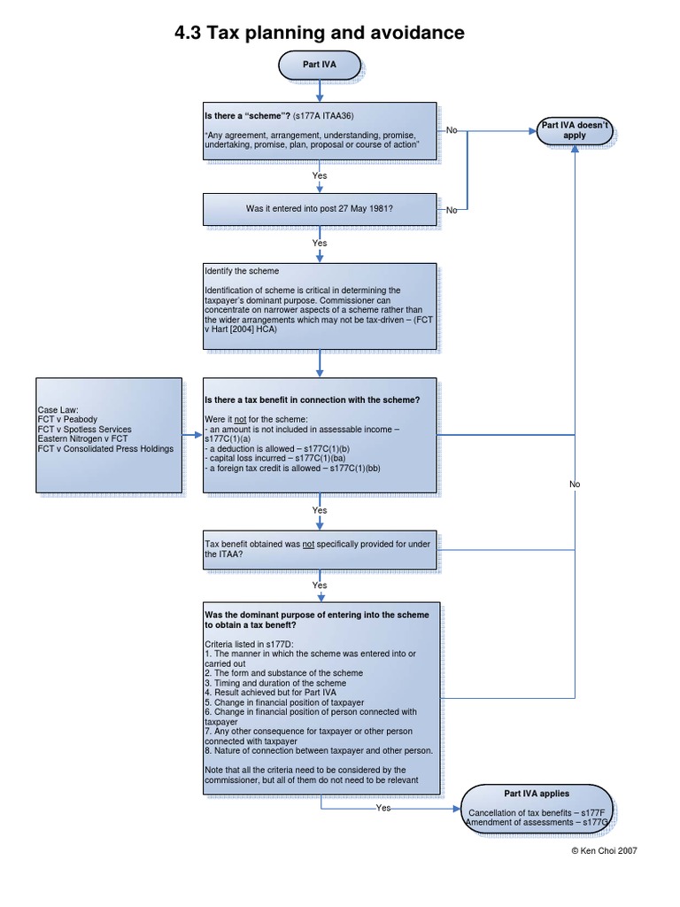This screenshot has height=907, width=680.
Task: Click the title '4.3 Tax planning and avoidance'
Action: tap(320, 34)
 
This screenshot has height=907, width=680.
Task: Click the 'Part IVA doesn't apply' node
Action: tap(575, 131)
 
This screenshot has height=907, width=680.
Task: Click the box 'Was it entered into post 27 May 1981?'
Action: tap(320, 209)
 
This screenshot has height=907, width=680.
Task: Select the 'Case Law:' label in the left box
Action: tap(58, 410)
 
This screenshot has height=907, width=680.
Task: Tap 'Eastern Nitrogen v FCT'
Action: tap(82, 439)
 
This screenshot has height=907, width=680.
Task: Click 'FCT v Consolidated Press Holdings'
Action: tap(105, 449)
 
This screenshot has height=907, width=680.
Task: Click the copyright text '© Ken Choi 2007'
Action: tap(605, 850)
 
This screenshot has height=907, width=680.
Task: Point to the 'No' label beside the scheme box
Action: tap(452, 130)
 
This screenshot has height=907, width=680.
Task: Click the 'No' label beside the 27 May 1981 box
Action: tap(452, 210)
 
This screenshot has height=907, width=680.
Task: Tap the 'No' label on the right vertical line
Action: tap(575, 485)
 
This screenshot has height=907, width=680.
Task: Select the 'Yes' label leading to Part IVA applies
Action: tap(383, 808)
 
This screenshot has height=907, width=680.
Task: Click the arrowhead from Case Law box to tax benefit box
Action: tap(199, 435)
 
